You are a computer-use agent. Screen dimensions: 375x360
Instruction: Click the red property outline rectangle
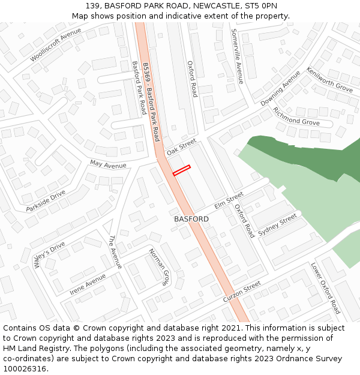point(182,170)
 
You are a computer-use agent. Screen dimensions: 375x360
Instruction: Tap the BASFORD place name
point(191,219)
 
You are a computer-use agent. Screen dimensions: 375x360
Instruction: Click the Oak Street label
point(181,147)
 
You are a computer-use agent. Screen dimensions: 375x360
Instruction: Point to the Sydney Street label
point(277,224)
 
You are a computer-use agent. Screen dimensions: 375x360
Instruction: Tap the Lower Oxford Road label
point(326,288)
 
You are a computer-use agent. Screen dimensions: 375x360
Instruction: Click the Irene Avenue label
point(88,284)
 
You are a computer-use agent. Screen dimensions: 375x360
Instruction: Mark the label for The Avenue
point(115,252)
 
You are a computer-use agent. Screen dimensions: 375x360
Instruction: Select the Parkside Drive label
point(46,201)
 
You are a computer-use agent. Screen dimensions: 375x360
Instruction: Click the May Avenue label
point(108,164)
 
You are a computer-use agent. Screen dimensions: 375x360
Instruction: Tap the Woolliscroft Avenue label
point(55,45)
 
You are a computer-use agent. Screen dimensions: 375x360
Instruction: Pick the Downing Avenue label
point(280,88)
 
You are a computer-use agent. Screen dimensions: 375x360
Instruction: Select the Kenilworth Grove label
point(329,79)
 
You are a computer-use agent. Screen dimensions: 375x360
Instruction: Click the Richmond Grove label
point(296,116)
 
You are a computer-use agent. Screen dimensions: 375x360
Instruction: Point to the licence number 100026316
point(25,368)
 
